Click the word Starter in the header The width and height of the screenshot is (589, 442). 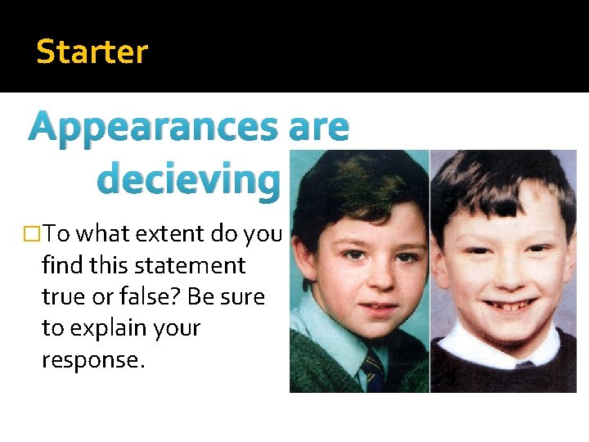pos(92,52)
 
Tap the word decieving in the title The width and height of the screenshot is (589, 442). pos(188,178)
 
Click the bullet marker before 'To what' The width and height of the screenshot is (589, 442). pos(33,234)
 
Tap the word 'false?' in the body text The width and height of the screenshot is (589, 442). pos(130,296)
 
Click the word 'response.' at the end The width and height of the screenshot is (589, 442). pos(93,359)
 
